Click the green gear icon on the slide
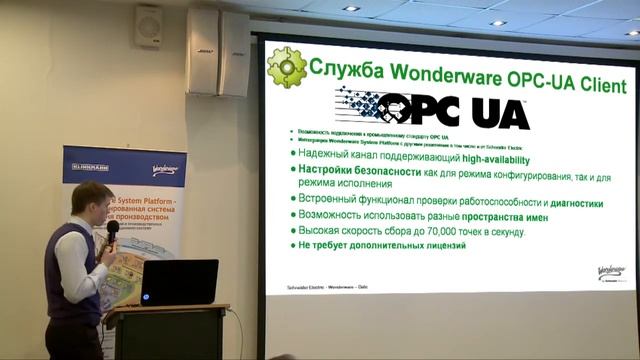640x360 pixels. (287, 67)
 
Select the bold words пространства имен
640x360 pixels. (511, 217)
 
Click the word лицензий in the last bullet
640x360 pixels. (439, 246)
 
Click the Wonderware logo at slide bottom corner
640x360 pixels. (611, 273)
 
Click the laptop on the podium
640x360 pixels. (179, 282)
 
